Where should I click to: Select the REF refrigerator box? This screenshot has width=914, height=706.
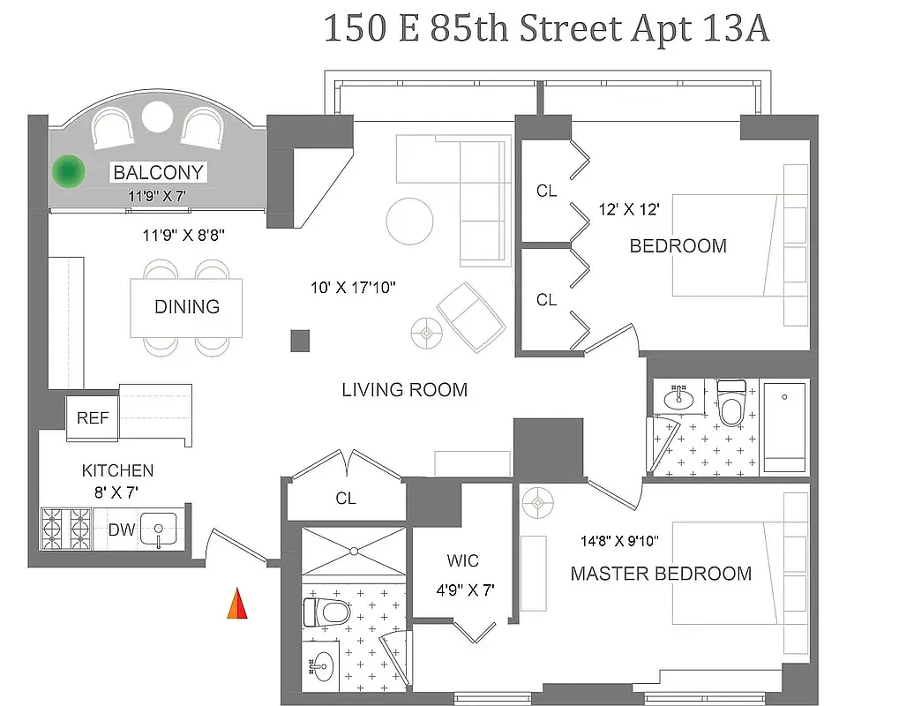93,417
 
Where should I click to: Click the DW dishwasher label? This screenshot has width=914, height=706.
121,530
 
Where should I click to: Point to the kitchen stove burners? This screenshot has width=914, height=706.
67,529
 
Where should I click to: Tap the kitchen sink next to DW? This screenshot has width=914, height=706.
159,530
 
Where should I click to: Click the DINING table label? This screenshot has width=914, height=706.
186,306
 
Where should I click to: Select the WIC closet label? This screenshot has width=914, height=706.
462,561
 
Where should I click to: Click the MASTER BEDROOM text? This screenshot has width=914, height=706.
661,574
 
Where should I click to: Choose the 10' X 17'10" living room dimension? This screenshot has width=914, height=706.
353,287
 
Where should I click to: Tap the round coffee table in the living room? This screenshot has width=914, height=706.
410,216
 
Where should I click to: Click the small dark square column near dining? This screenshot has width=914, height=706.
301,341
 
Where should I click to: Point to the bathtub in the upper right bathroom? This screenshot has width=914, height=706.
784,428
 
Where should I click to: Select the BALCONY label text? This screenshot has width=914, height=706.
158,172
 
